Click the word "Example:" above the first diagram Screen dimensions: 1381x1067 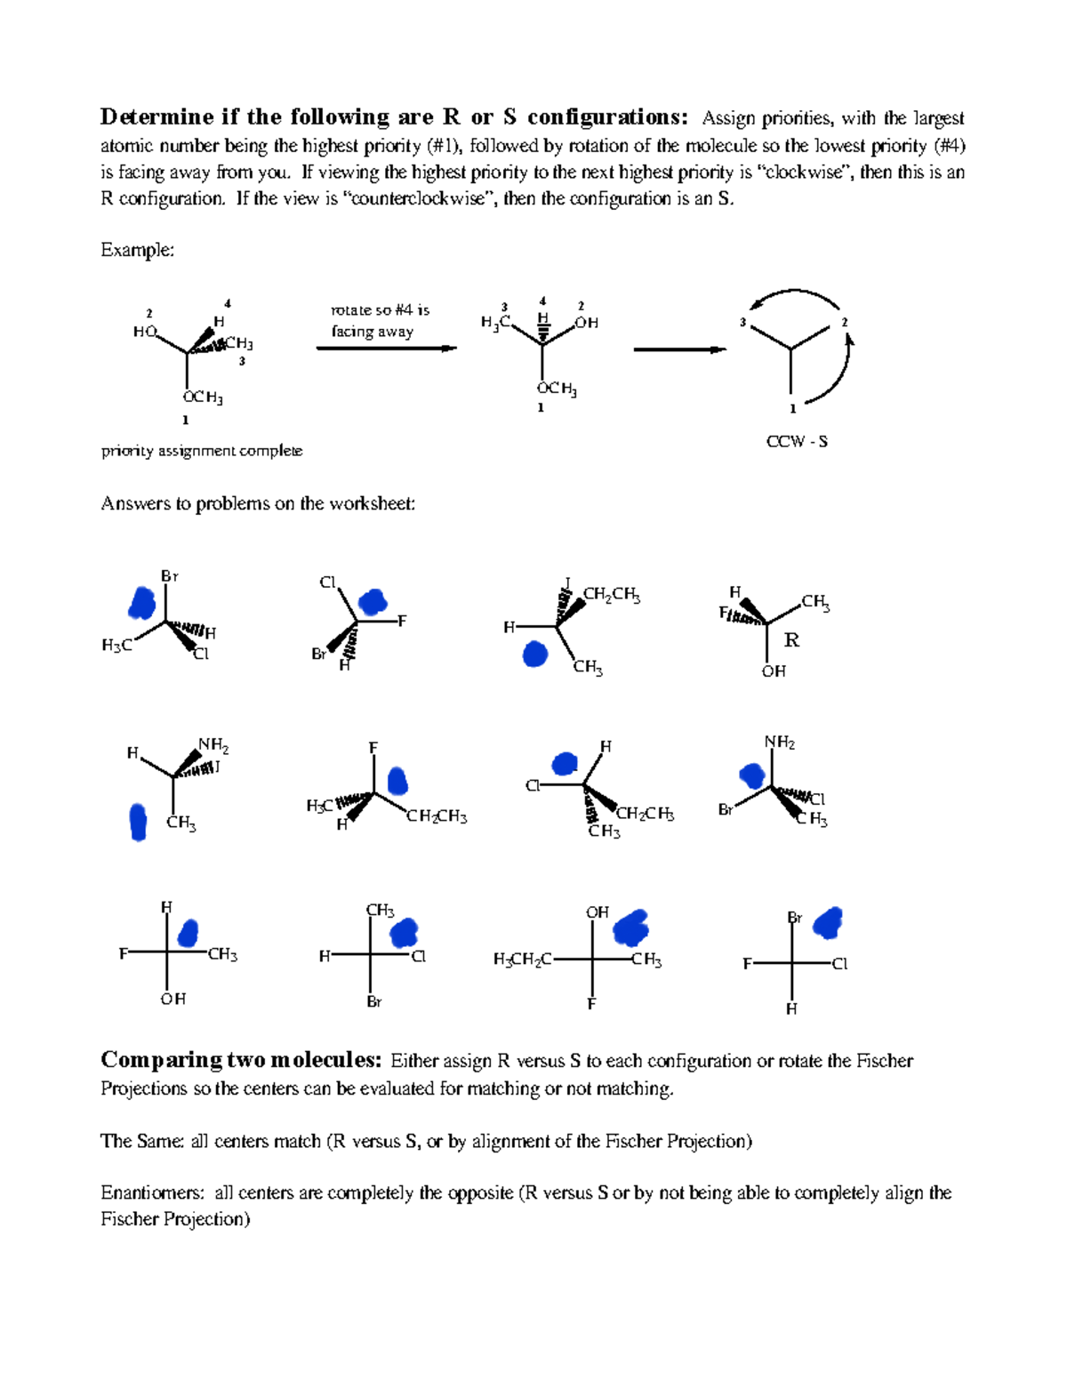(x=137, y=250)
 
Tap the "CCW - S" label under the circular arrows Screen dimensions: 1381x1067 (x=797, y=441)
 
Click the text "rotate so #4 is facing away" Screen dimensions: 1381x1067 (x=379, y=320)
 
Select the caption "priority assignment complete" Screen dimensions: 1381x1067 (x=202, y=451)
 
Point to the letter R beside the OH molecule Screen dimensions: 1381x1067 (x=791, y=640)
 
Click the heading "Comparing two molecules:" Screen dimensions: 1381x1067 (x=241, y=1060)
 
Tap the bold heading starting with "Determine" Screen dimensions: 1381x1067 (x=394, y=117)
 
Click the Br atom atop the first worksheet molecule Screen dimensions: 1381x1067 (x=169, y=576)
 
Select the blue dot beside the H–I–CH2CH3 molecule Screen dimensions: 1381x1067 (x=534, y=654)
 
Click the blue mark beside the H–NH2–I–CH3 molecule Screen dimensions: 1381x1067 (x=138, y=822)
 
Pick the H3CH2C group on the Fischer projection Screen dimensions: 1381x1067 (x=523, y=959)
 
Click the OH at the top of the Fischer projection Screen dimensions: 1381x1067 (x=597, y=912)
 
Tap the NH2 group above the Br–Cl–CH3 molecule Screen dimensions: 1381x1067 (x=780, y=743)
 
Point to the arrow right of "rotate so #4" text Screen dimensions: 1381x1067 (x=387, y=349)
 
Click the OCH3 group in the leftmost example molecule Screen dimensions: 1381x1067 (x=203, y=397)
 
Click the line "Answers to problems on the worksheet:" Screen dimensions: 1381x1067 (x=258, y=503)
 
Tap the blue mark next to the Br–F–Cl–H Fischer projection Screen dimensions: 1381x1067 (x=829, y=923)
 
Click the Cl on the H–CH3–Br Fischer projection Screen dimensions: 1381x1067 (x=419, y=957)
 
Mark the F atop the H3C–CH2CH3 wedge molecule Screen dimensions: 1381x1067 (x=373, y=748)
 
